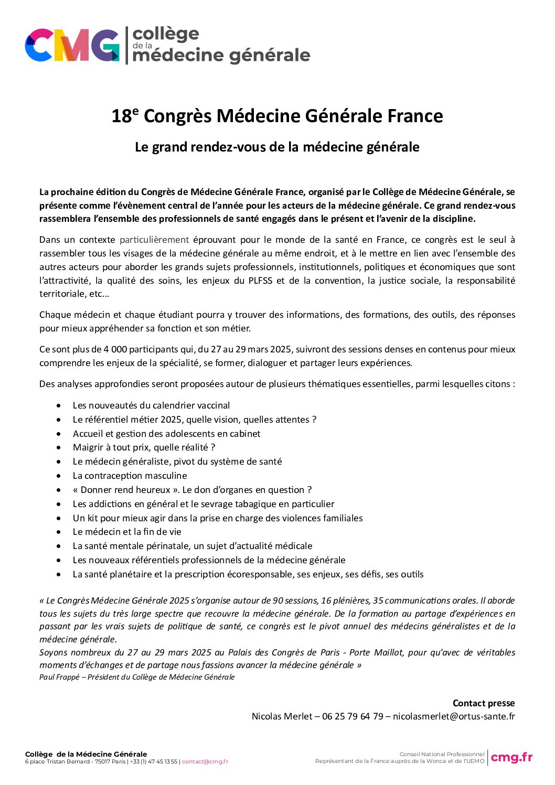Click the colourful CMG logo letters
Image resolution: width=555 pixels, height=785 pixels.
[72, 46]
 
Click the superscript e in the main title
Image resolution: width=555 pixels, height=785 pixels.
[135, 111]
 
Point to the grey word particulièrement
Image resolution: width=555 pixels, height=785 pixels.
[154, 240]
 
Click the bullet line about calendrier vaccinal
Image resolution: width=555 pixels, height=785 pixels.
[151, 405]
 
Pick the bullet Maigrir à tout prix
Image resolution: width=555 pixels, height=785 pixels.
[144, 447]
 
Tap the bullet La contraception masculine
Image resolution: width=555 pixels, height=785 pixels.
[130, 476]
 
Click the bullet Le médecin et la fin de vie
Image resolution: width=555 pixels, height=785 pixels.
[127, 532]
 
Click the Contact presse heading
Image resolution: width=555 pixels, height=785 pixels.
[484, 703]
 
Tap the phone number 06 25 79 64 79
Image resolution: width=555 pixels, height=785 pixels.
[353, 716]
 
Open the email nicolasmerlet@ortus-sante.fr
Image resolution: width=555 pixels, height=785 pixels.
[454, 716]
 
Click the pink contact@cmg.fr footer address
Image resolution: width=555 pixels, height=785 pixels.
[205, 761]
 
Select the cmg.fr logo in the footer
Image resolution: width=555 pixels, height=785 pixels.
[511, 757]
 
